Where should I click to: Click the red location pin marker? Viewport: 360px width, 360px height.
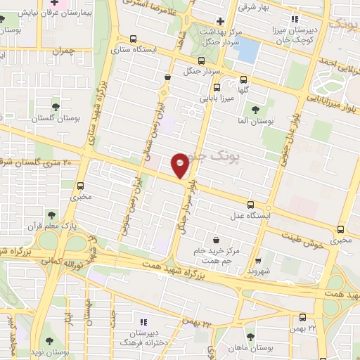(181, 164)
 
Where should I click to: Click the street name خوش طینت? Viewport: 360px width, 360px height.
(310, 240)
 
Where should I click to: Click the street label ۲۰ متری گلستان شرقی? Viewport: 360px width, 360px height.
(39, 162)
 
